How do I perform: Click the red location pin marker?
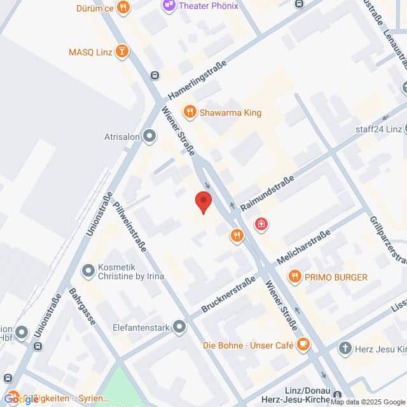(203, 202)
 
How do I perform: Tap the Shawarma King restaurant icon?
(189, 113)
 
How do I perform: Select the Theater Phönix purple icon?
(169, 6)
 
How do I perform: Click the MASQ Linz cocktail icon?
(122, 51)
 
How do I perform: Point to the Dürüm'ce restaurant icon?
(123, 8)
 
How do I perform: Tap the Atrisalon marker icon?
(149, 135)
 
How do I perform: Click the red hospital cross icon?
(260, 224)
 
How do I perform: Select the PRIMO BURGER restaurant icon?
(294, 277)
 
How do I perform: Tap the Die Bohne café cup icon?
(303, 345)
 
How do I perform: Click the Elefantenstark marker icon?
(179, 328)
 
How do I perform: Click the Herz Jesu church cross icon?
(345, 348)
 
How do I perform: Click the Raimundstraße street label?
(268, 190)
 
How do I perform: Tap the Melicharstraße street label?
(304, 249)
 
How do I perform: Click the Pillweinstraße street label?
(130, 226)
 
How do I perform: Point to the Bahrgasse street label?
(82, 306)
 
